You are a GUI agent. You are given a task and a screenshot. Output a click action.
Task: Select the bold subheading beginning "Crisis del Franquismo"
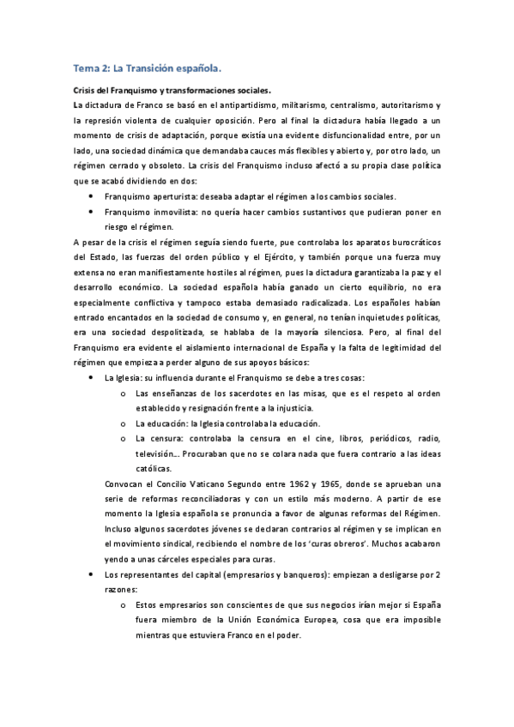(x=172, y=90)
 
